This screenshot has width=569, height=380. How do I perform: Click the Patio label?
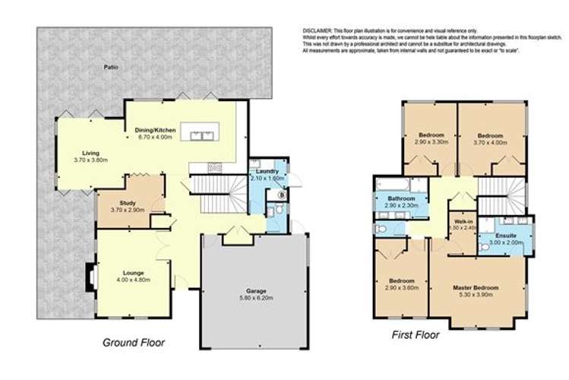111,68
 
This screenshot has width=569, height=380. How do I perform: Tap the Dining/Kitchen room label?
156,131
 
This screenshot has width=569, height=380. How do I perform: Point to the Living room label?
90,152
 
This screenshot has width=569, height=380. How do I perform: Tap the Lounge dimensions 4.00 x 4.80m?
134,280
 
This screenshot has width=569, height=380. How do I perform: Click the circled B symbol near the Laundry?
281,195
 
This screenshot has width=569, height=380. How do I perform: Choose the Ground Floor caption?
133,343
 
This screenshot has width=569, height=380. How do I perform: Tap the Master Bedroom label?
476,287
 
